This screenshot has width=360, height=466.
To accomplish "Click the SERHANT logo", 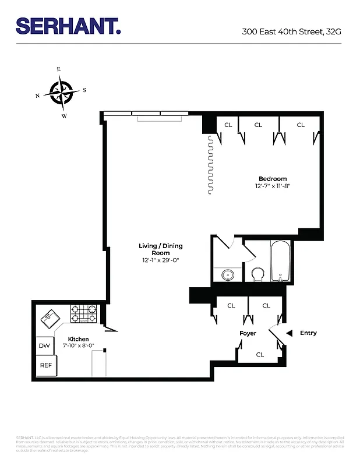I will point(68,26).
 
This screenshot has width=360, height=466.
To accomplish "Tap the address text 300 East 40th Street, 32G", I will point(291,31).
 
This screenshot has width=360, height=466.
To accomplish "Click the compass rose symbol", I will point(61,92).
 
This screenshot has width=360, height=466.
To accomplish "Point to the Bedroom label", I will point(273,179).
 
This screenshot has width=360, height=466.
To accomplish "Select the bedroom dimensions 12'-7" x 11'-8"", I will point(273,186).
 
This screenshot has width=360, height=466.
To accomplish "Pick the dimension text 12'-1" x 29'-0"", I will point(159,260).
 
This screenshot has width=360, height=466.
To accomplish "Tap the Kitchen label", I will point(79,339).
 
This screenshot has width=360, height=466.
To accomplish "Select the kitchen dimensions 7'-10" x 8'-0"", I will point(79,347).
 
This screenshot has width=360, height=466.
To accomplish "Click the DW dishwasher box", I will point(44,345).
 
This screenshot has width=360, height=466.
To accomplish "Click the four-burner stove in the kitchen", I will point(83,314).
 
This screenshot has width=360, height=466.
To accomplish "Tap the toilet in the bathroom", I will point(257,273).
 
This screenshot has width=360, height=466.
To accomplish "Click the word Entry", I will point(308,333).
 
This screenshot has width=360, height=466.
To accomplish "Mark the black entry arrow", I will point(289,333).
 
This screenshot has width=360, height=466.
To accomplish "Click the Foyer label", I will point(248,333).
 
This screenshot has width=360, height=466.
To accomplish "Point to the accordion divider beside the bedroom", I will point(209,166).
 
